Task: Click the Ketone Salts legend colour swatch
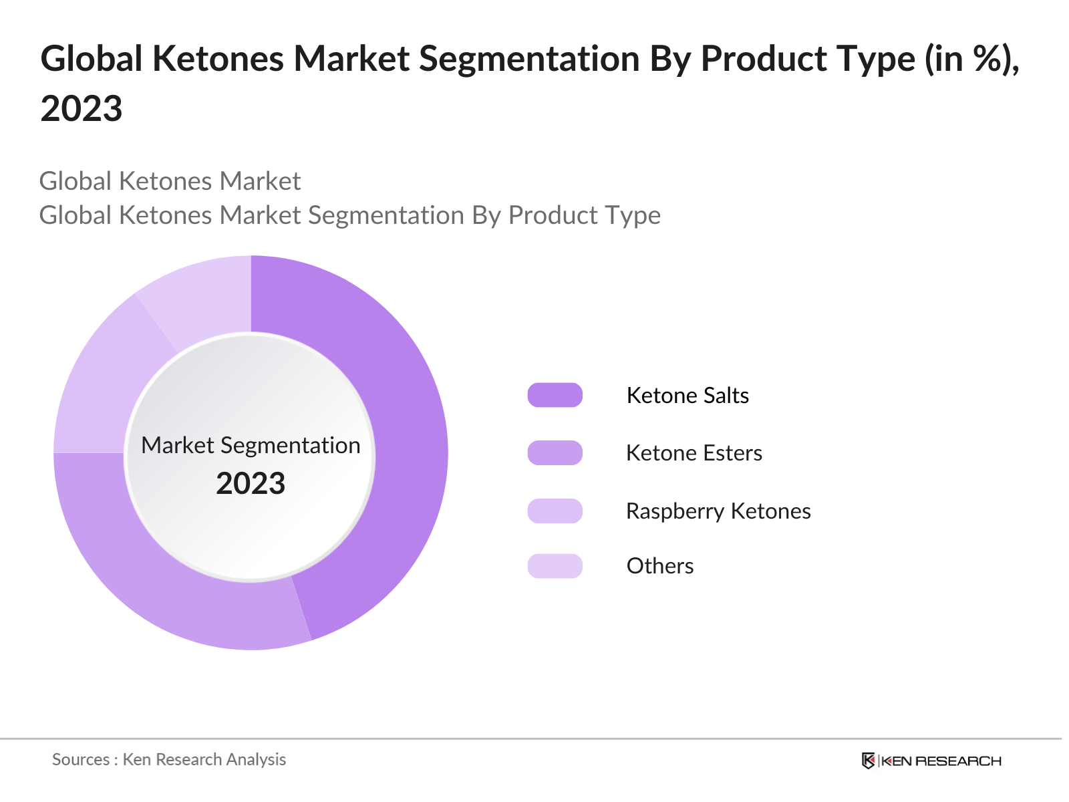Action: (x=555, y=395)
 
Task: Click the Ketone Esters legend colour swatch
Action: (x=555, y=453)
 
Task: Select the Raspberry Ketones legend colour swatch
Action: (x=555, y=511)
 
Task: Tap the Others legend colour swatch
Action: (x=555, y=566)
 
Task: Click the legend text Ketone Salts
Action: (x=688, y=395)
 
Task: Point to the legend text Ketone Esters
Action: (x=694, y=453)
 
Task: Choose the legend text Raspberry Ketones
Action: (x=718, y=511)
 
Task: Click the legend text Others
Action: (x=660, y=566)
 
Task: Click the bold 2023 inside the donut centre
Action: (x=251, y=483)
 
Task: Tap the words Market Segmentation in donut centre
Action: (x=251, y=445)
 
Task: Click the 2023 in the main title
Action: (x=82, y=108)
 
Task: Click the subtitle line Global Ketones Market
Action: (x=170, y=181)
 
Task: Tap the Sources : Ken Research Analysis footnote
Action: (x=169, y=759)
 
